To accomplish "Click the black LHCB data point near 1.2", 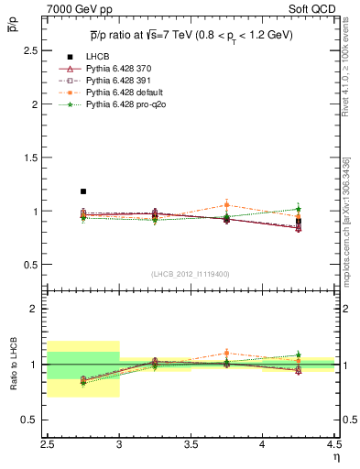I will pyautogui.click(x=83, y=191).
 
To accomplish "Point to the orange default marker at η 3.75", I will pyautogui.click(x=226, y=205).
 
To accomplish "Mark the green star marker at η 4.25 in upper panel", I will pyautogui.click(x=299, y=209).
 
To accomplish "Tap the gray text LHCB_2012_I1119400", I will pyautogui.click(x=191, y=274).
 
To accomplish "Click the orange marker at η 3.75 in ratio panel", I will pyautogui.click(x=226, y=353).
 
